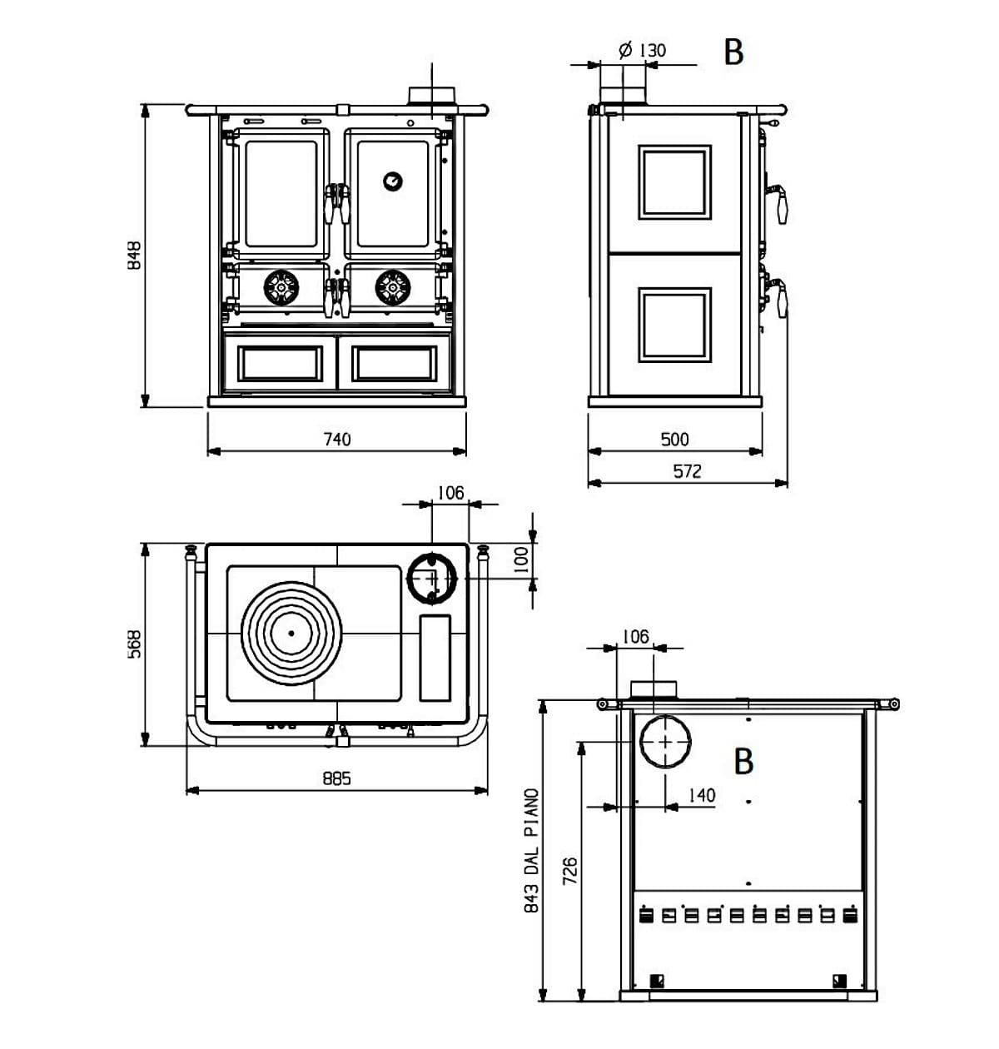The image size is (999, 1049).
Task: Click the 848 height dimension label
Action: pos(134,255)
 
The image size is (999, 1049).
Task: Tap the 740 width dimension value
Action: pos(337,439)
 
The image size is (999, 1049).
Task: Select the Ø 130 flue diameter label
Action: pos(643,50)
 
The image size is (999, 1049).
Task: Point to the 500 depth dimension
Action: pos(674,439)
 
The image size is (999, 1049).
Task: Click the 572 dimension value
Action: pos(687,471)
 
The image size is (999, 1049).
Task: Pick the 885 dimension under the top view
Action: pos(337,778)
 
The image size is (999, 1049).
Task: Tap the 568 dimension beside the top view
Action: pos(134,644)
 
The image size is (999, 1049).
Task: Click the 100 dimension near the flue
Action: pos(520,559)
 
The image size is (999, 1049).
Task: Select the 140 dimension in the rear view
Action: pos(701,795)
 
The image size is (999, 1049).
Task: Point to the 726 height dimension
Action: pos(569,872)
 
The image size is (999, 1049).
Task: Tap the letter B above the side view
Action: pos(733,52)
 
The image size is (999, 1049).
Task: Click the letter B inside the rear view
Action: pos(743,761)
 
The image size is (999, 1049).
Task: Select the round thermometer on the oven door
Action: pos(391,181)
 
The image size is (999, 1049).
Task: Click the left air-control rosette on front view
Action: pos(281,288)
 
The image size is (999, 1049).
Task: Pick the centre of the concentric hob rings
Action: pos(291,634)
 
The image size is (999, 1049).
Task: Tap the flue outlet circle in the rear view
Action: pos(664,741)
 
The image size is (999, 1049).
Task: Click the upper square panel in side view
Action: pos(674,182)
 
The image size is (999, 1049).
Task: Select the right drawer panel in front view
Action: pos(394,363)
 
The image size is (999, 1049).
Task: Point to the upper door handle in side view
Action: pos(781,201)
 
